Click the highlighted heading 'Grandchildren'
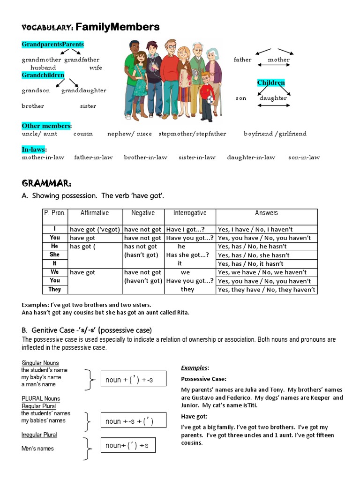(43, 75)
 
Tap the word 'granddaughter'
(83, 90)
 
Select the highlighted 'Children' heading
(271, 83)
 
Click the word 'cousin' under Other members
(83, 134)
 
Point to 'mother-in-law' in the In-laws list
(43, 157)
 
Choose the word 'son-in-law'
(304, 157)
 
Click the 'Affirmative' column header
(95, 213)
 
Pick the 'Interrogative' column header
(190, 213)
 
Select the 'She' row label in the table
(55, 255)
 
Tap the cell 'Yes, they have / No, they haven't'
(266, 290)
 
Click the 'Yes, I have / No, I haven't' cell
(255, 229)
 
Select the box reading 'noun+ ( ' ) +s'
(127, 445)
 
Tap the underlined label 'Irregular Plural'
(39, 435)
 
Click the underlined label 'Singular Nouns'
(40, 363)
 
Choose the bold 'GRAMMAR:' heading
(46, 182)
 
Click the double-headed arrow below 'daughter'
(274, 105)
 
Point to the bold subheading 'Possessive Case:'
(203, 379)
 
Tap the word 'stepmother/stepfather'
(192, 134)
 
